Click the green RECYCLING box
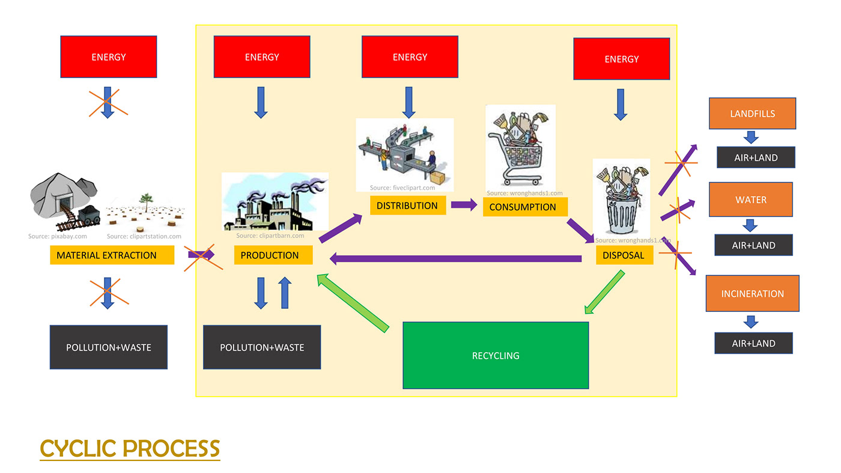(496, 355)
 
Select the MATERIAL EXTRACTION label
(112, 255)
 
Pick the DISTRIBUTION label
(408, 206)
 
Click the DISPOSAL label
(624, 255)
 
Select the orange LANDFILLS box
(752, 114)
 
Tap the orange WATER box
(751, 200)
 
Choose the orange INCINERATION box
(752, 293)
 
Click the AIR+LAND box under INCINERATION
(754, 343)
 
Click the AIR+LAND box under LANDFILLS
(755, 157)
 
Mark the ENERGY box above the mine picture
(109, 57)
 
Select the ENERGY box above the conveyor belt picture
(410, 57)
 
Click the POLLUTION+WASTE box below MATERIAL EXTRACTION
(108, 347)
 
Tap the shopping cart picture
(520, 147)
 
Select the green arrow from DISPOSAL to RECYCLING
(604, 293)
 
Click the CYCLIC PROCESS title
(130, 448)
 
